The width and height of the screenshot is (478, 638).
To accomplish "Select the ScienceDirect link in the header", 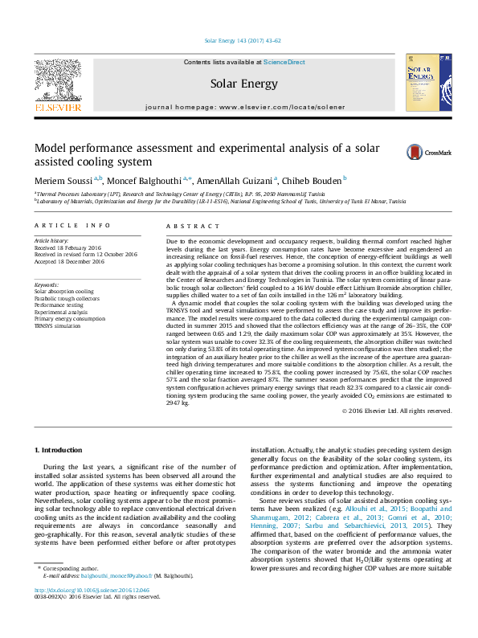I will pos(284,62).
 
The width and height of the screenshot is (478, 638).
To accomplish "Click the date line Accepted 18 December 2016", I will pos(69,261).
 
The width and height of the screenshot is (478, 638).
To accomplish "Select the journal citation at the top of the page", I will pos(239,40).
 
